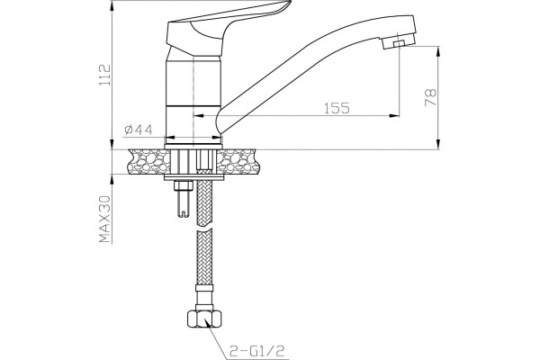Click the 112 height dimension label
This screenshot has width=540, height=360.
pos(105,75)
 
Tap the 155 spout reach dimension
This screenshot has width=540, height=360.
pos(337,108)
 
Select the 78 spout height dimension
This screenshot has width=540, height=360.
pos(430,97)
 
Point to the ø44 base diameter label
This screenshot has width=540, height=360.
pos(139,130)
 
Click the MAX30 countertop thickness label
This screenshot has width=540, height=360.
pos(105,219)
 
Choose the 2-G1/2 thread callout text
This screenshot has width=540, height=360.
pos(257,351)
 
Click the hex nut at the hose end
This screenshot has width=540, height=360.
pos(205,319)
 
